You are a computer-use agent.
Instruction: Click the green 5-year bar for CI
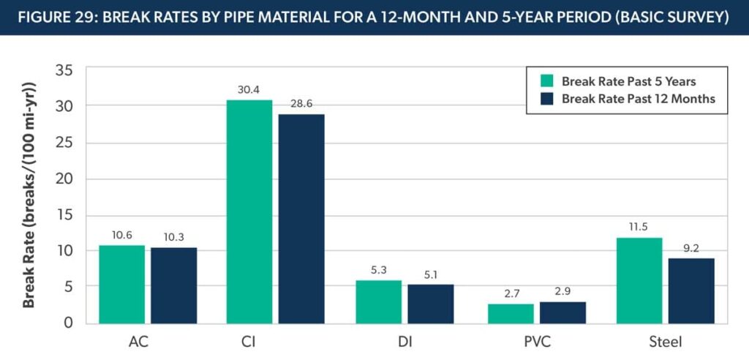(249, 211)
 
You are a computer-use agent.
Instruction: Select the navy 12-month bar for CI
(301, 219)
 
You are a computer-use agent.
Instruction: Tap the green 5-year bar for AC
(122, 285)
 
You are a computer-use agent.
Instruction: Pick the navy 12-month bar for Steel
(691, 290)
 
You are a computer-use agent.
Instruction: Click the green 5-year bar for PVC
(511, 314)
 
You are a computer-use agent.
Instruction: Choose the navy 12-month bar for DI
(430, 304)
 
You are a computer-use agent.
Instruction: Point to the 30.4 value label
(249, 90)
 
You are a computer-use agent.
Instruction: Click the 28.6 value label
(301, 104)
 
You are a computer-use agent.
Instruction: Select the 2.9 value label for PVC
(563, 292)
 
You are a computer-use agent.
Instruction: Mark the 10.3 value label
(174, 238)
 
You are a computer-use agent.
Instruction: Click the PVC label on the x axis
(537, 342)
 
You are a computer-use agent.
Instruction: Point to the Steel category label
(666, 342)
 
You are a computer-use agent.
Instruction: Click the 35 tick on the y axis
(64, 71)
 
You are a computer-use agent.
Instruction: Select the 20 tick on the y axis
(64, 179)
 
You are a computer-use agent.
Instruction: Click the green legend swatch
(546, 80)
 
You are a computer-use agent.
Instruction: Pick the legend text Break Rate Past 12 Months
(638, 99)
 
